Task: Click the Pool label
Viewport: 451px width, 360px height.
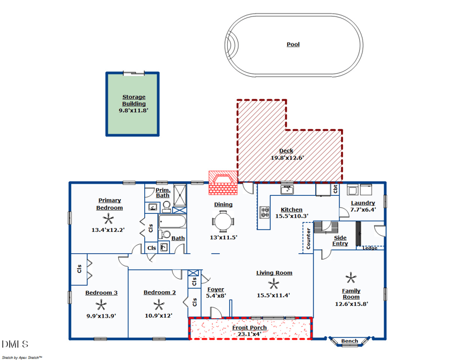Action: coord(293,44)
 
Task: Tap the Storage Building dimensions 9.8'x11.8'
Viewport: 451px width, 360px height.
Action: coord(134,111)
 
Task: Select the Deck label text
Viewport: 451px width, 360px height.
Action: coord(286,151)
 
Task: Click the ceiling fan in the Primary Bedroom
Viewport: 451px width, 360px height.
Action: coord(110,219)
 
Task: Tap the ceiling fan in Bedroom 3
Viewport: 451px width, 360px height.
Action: coord(101,305)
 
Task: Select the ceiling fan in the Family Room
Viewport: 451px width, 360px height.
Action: coord(351,277)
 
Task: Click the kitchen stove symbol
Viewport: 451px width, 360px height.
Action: coord(264,212)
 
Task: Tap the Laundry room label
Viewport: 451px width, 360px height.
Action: coord(362,203)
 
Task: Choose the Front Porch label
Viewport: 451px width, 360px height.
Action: coord(249,327)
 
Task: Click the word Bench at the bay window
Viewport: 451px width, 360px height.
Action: coord(350,341)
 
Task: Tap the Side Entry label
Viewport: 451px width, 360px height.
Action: coord(340,240)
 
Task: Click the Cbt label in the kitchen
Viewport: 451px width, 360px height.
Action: coord(335,188)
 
